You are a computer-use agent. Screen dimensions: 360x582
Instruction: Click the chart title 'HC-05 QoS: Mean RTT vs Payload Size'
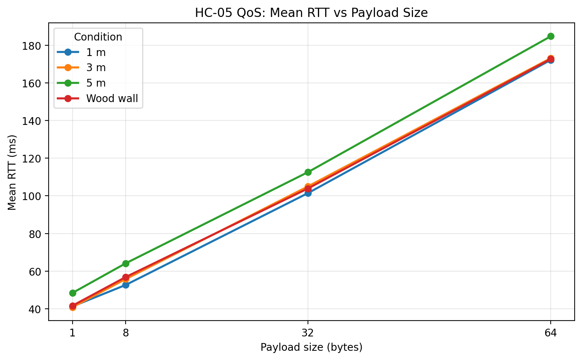coord(311,13)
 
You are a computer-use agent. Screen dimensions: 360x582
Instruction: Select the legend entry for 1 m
coord(96,53)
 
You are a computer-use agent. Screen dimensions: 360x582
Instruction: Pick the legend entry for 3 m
coord(96,68)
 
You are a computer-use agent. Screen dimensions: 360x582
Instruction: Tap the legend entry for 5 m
coord(96,83)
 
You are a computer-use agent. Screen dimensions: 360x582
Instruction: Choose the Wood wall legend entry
coord(112,98)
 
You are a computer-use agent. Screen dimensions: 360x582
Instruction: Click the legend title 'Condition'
coord(98,37)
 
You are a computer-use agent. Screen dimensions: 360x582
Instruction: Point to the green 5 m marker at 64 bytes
coord(551,36)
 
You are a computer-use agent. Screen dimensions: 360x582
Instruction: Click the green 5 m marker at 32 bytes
coord(308,172)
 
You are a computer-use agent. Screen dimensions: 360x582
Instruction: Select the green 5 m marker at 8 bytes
coord(126,263)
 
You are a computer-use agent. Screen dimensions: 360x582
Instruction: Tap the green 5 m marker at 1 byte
coord(73,293)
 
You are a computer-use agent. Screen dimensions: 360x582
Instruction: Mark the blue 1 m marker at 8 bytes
coord(126,285)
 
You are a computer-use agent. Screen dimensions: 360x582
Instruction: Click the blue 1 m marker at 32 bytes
coord(308,193)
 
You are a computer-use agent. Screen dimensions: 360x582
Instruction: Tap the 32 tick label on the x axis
coord(308,333)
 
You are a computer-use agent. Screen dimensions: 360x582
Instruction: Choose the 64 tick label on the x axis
coord(551,333)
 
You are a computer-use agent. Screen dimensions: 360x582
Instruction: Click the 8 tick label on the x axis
coord(126,333)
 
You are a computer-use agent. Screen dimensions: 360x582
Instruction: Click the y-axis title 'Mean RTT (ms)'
coord(13,172)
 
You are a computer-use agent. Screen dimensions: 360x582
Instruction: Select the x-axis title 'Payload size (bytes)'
coord(311,347)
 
